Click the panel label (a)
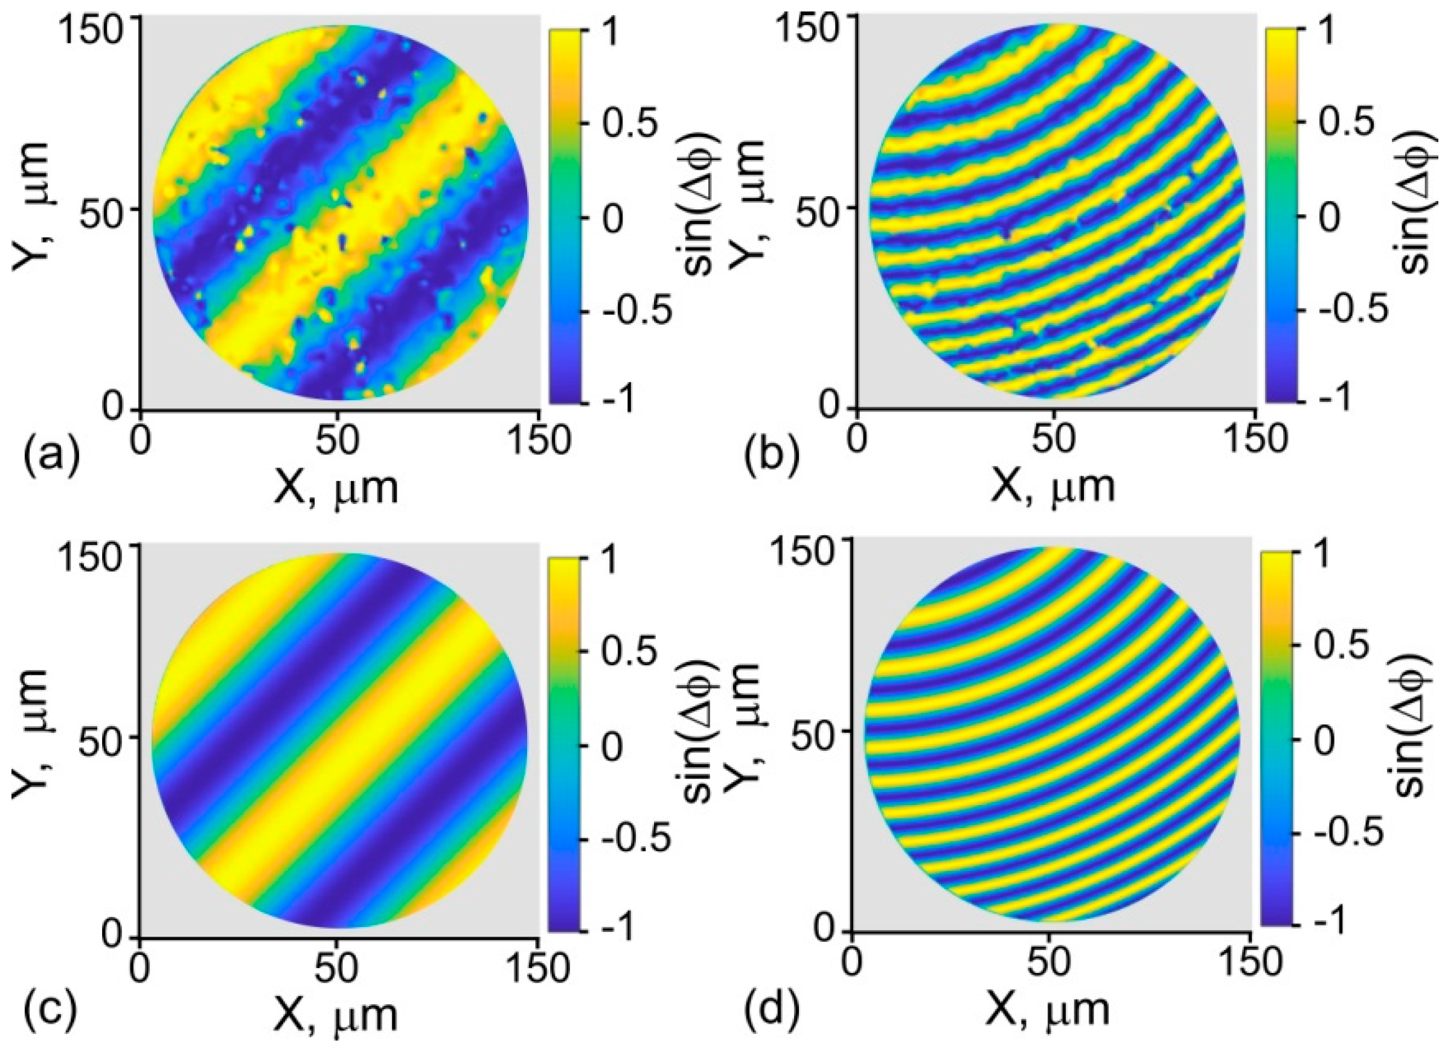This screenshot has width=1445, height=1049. click(51, 457)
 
